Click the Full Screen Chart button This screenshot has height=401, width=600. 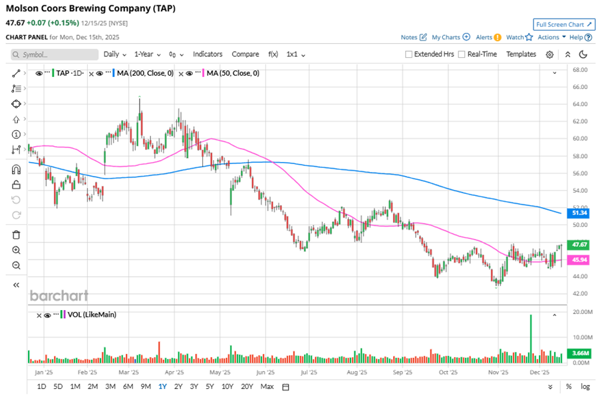coord(563,25)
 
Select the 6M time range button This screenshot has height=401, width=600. coord(128,386)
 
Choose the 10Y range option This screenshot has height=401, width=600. coord(227,386)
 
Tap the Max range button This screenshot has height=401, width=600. coord(267,386)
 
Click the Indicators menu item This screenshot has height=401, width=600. coord(208,54)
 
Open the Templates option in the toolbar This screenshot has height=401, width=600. coord(521,54)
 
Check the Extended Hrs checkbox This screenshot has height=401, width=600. coord(408,54)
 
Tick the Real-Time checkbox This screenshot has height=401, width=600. coord(462,54)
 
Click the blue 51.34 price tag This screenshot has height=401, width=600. coord(579,213)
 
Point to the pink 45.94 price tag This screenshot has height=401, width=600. coord(579,260)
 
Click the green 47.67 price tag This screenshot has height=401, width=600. coord(579,245)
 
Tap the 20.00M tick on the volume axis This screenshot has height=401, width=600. coord(581,312)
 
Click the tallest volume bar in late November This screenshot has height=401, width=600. coord(530,339)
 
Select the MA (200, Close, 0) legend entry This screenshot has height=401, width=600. coord(144,73)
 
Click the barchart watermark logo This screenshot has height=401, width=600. coord(59,296)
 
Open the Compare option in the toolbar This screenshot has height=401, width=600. coord(245,54)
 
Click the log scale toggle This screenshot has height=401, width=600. coord(585,386)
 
